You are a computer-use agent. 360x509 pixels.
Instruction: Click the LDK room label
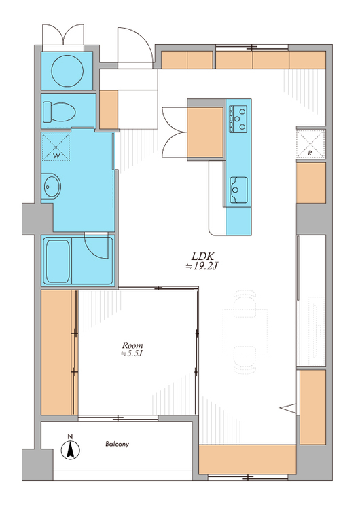[203, 256]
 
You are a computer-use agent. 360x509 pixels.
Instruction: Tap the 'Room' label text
[132, 345]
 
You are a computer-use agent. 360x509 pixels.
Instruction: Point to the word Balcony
[117, 444]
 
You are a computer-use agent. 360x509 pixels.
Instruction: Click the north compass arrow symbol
[71, 450]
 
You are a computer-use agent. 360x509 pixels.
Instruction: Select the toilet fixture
[59, 112]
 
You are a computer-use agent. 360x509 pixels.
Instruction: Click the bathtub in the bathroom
[58, 261]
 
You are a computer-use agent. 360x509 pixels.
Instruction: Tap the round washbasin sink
[52, 187]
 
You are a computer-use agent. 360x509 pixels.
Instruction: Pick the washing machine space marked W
[56, 147]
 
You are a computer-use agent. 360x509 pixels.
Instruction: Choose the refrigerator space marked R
[310, 144]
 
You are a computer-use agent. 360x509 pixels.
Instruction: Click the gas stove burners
[238, 119]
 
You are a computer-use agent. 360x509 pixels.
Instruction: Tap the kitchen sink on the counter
[238, 190]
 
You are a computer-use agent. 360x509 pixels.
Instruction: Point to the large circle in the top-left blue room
[67, 71]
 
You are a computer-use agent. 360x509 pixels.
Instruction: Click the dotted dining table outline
[245, 331]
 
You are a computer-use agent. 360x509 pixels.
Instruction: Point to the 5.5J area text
[132, 354]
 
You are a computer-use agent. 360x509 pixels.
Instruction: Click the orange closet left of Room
[56, 352]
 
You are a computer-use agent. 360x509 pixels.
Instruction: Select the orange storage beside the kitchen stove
[205, 132]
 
